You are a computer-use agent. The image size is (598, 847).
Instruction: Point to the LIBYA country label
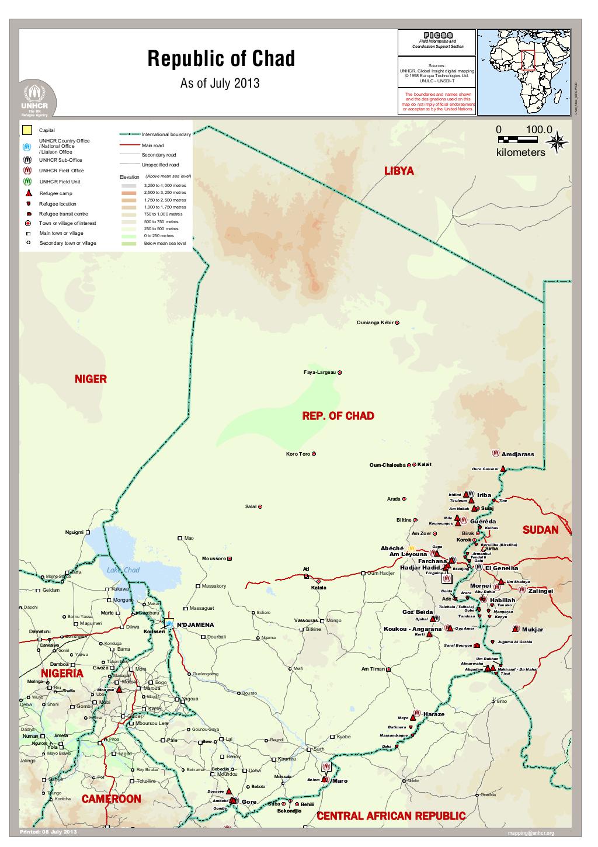tap(399, 171)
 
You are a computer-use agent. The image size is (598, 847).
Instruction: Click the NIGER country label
tap(91, 379)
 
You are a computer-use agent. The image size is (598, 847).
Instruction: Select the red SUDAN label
tap(540, 530)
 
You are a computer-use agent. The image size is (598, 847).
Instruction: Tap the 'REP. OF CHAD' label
tap(338, 416)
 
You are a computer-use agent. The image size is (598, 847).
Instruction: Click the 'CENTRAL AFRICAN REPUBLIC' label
tap(391, 815)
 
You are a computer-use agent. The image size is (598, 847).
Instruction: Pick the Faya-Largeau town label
tap(319, 372)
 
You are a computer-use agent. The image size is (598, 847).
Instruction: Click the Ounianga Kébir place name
tap(376, 322)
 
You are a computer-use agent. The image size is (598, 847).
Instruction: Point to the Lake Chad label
tap(123, 570)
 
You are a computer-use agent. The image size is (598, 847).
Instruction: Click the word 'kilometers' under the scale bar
tap(520, 152)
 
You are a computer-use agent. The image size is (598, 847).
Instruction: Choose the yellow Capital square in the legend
tap(26, 130)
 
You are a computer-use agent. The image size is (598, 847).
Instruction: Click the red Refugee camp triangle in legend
tap(27, 193)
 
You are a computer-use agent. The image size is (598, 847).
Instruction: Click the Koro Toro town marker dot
tap(314, 454)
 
